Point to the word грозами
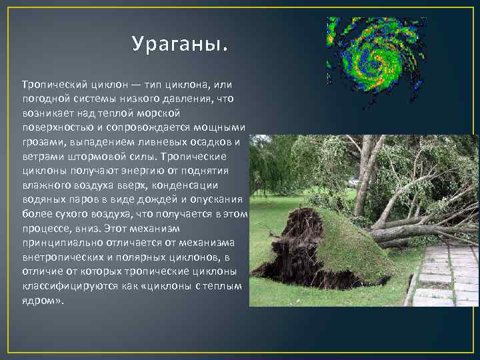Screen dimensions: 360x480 [x=41, y=142]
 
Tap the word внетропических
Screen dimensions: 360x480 [x=60, y=259]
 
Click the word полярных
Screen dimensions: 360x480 [x=155, y=259]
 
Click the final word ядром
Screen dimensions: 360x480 [x=42, y=302]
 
